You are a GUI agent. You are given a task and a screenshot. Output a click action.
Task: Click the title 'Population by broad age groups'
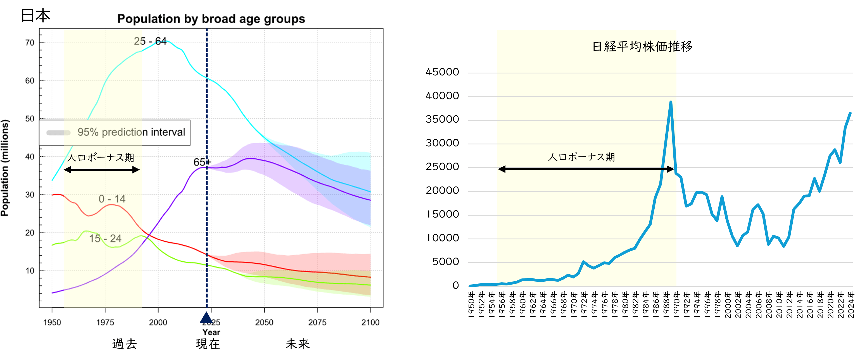(x=211, y=19)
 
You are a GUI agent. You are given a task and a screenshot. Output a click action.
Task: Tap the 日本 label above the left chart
(x=35, y=15)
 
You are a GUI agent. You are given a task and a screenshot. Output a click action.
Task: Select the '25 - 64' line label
(x=150, y=41)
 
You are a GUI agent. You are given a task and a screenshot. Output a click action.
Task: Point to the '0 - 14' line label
(x=112, y=199)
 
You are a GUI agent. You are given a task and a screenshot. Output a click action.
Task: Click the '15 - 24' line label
(x=105, y=239)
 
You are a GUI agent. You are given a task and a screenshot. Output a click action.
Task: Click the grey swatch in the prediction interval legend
(x=58, y=133)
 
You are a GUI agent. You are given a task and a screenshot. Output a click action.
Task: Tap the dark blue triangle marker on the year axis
(x=206, y=317)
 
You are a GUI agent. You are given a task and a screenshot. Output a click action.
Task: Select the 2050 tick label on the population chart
(x=264, y=322)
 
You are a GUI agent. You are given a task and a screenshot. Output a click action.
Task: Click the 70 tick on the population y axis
(x=30, y=43)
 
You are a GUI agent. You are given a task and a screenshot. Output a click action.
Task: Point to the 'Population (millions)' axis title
(x=5, y=168)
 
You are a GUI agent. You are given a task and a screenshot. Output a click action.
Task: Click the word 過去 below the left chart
(x=124, y=344)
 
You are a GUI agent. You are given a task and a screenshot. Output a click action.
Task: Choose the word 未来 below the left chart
(x=297, y=344)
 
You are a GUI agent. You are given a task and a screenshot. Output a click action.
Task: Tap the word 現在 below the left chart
(x=208, y=344)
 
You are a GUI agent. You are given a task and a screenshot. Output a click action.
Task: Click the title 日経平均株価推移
(x=642, y=46)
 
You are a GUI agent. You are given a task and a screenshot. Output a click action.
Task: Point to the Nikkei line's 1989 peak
(x=671, y=102)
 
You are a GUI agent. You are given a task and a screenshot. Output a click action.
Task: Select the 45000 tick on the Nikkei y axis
(x=442, y=72)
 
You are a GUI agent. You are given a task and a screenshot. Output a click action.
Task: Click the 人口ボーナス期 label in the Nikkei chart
(x=581, y=157)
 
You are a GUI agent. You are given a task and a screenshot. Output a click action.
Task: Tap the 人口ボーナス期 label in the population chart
(x=101, y=158)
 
